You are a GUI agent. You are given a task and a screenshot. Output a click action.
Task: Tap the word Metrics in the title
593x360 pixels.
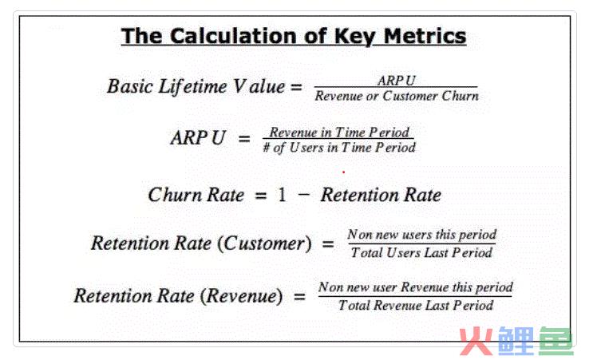pyautogui.click(x=425, y=36)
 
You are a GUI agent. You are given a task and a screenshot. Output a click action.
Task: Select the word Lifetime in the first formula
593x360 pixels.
pyautogui.click(x=192, y=86)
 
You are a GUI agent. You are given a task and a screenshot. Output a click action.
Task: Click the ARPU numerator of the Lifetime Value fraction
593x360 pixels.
pyautogui.click(x=396, y=81)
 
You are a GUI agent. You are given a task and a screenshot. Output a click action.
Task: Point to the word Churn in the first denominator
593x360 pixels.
pyautogui.click(x=460, y=96)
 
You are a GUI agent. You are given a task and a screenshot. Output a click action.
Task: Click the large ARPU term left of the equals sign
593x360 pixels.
pyautogui.click(x=198, y=137)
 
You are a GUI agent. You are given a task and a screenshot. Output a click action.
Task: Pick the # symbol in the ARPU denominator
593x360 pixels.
pyautogui.click(x=267, y=148)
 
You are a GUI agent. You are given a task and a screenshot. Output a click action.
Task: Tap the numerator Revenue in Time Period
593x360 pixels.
pyautogui.click(x=339, y=133)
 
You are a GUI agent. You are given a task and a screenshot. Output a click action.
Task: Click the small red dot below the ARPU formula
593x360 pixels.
pyautogui.click(x=344, y=172)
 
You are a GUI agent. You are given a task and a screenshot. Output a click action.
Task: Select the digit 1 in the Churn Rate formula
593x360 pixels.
pyautogui.click(x=282, y=195)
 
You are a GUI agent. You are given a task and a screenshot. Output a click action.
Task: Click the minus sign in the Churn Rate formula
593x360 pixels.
pyautogui.click(x=304, y=195)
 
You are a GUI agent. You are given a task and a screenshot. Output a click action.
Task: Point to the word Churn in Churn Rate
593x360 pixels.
pyautogui.click(x=175, y=195)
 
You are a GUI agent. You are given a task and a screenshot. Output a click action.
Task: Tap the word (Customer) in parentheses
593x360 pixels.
pyautogui.click(x=265, y=243)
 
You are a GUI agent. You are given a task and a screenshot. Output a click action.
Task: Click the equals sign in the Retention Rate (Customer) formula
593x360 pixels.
pyautogui.click(x=328, y=244)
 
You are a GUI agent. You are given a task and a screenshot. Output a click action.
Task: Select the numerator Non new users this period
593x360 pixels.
pyautogui.click(x=421, y=235)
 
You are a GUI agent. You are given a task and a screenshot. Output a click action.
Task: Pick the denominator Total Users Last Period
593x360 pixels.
pyautogui.click(x=421, y=252)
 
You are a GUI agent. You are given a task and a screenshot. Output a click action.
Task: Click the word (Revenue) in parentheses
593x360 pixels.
pyautogui.click(x=241, y=295)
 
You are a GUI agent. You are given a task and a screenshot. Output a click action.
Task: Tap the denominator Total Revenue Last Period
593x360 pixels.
pyautogui.click(x=416, y=305)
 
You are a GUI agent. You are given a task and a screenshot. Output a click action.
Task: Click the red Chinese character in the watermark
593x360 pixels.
pyautogui.click(x=476, y=342)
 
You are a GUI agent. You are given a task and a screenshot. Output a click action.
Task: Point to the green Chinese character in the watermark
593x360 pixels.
pyautogui.click(x=555, y=342)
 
